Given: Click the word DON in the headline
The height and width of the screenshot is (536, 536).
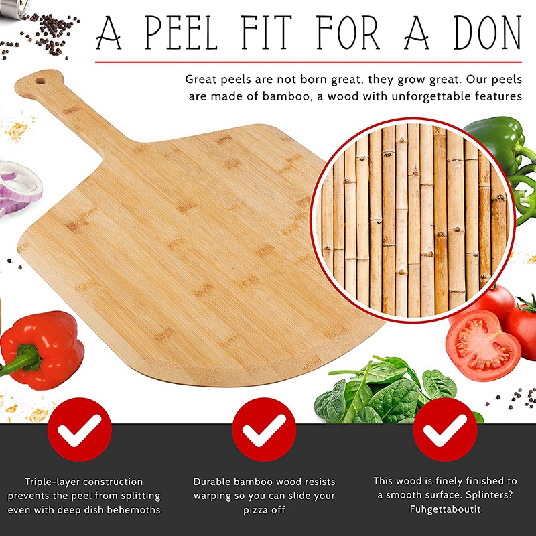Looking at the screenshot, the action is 487,33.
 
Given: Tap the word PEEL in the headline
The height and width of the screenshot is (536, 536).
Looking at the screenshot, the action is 181,33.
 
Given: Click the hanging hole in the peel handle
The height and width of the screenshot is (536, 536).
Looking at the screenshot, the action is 40,81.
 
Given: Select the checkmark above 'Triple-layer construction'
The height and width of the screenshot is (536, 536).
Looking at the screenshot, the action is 79,429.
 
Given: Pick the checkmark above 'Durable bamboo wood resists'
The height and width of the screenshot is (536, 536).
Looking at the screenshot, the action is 264,429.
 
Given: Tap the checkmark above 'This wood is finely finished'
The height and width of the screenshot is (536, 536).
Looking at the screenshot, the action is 445,429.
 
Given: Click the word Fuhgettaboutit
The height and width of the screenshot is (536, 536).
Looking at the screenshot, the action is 445,509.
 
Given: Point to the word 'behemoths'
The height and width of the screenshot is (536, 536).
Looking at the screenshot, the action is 133,510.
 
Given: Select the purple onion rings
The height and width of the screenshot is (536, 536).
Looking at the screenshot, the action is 18,188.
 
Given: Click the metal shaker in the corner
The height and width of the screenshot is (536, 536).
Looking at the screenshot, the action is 14,7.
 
